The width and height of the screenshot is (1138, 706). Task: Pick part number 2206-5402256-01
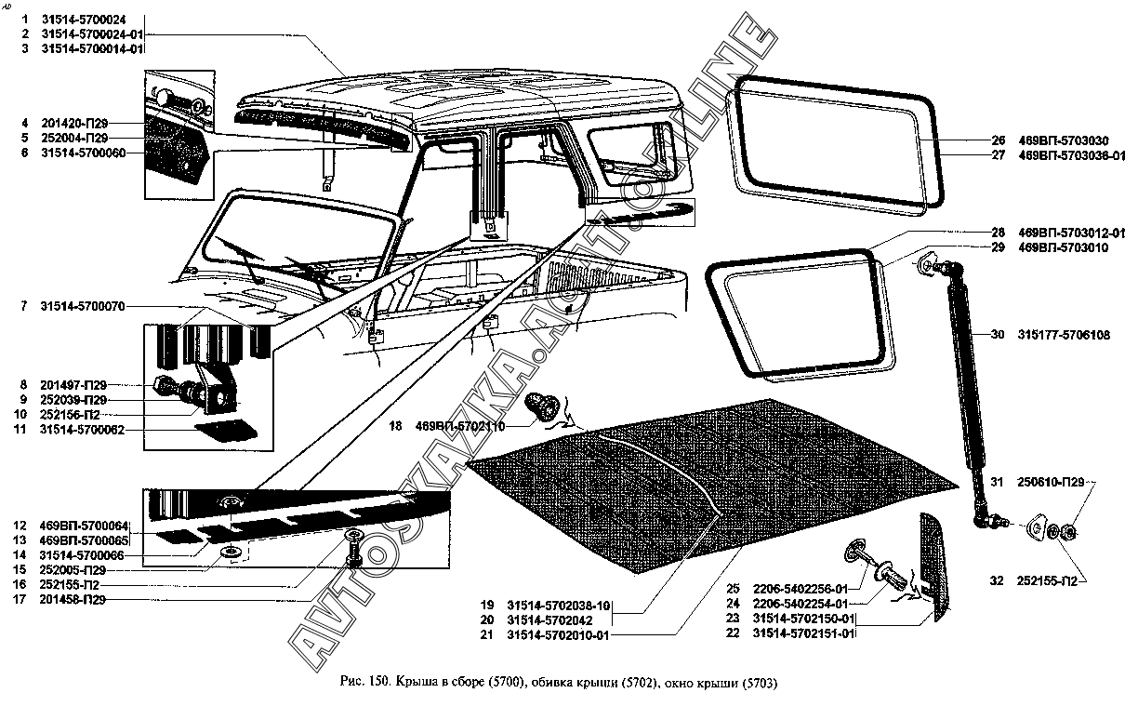801,589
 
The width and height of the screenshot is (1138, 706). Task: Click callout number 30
998,335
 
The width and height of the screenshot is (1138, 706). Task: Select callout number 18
396,427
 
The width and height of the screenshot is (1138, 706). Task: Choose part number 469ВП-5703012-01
1072,233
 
